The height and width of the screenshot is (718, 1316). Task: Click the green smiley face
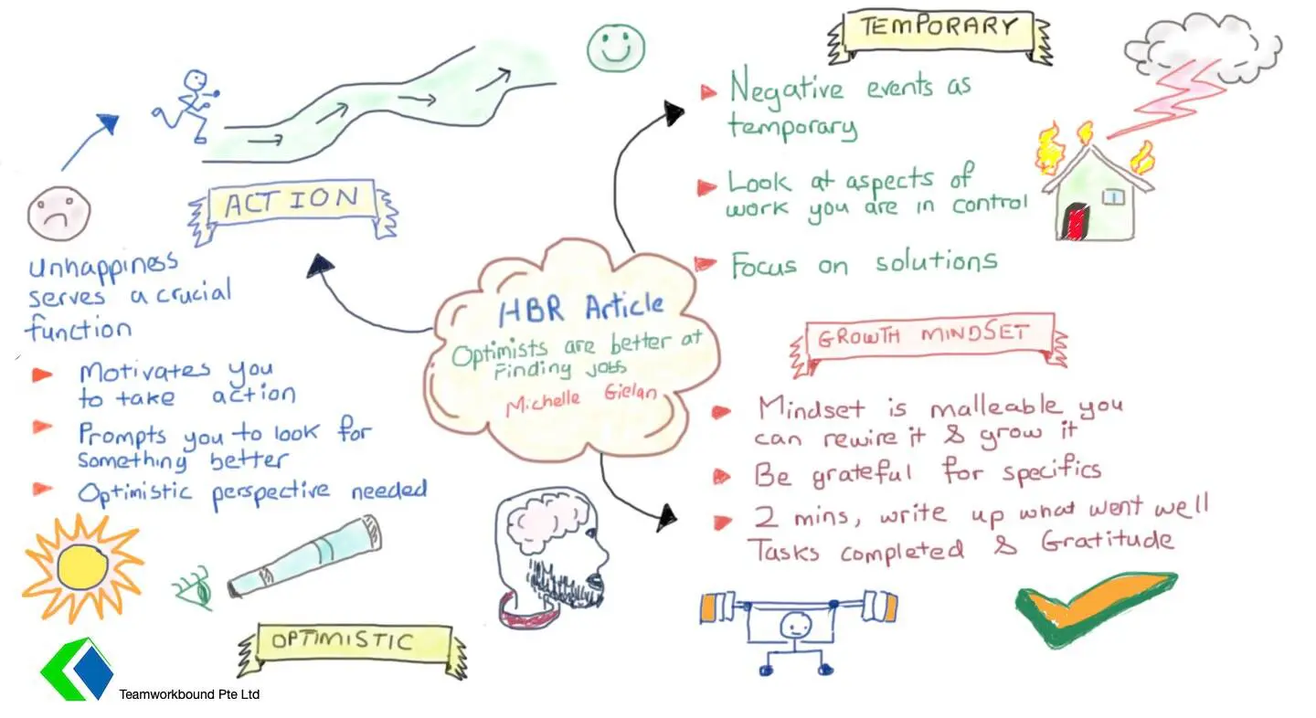pos(616,48)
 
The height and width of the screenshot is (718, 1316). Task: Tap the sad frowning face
pos(58,214)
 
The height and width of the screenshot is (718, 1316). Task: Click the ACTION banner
pos(292,210)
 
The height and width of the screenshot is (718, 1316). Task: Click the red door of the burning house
pos(1074,221)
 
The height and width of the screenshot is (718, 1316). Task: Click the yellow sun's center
pos(82,567)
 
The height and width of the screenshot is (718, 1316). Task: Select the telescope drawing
pos(304,555)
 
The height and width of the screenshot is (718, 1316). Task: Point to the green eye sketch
pos(194,587)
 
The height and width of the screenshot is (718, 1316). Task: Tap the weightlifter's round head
pos(796,626)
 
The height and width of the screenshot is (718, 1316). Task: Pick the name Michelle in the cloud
pos(543,404)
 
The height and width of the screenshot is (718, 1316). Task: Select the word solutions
pos(937,261)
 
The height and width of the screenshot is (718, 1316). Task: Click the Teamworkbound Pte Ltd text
pos(189,694)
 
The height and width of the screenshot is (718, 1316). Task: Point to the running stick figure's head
pos(196,80)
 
